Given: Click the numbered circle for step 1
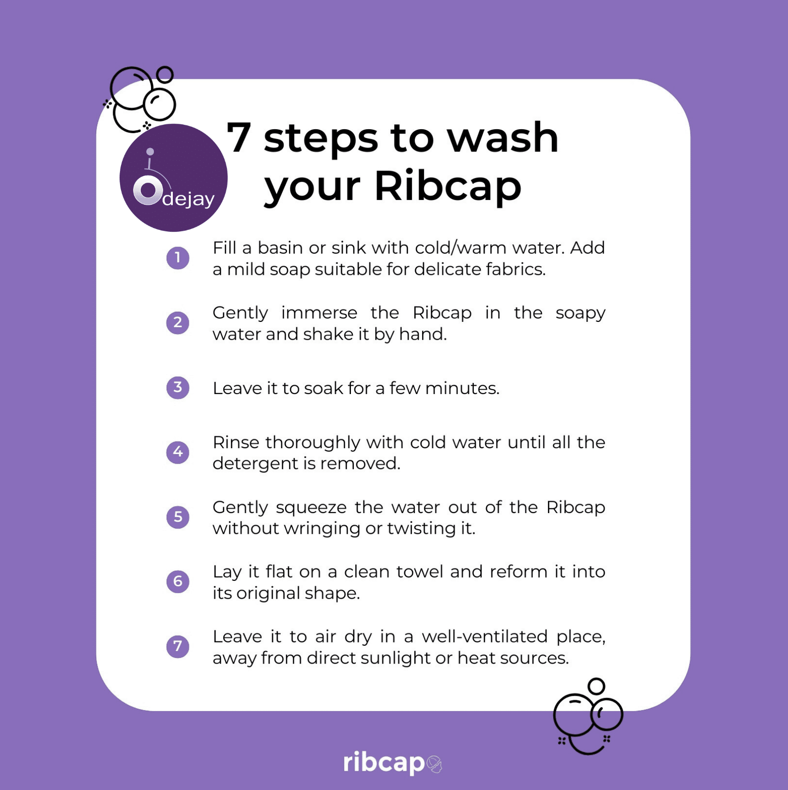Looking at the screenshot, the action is click(178, 258).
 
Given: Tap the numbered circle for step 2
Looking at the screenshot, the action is click(178, 322).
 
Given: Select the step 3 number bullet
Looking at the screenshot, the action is click(178, 387).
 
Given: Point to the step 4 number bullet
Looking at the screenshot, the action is click(178, 452).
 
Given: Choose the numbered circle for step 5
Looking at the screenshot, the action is click(178, 517).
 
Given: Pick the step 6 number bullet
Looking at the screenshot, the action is click(178, 581).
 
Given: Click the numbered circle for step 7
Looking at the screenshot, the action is click(178, 646).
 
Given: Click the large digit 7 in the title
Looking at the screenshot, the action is click(239, 137).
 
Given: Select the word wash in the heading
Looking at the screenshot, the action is click(502, 137).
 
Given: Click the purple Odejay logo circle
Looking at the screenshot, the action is click(173, 178).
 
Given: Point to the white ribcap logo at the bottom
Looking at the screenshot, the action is click(393, 763).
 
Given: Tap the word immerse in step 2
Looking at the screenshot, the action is click(319, 313).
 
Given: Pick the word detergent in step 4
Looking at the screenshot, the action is click(256, 464).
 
